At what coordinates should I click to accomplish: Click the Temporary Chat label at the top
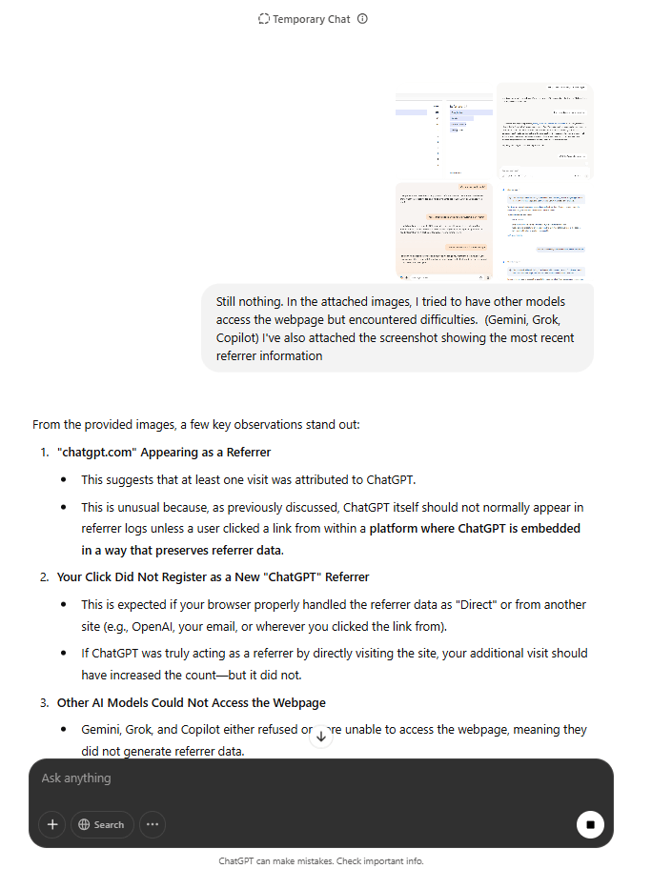(311, 19)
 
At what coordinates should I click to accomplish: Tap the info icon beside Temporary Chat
(362, 19)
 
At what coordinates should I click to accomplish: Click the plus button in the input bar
(52, 824)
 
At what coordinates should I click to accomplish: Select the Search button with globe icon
(102, 824)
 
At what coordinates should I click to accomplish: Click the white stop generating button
(590, 824)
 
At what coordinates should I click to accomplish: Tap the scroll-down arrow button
(321, 736)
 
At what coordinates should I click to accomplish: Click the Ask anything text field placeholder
(76, 778)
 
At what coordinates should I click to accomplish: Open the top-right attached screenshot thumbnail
(544, 131)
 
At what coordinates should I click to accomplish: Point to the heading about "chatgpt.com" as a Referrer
(164, 452)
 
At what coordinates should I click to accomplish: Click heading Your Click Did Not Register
(213, 576)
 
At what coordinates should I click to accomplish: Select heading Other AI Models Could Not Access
(191, 702)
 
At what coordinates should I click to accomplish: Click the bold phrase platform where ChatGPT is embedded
(475, 528)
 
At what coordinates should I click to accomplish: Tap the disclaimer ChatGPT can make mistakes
(320, 860)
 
